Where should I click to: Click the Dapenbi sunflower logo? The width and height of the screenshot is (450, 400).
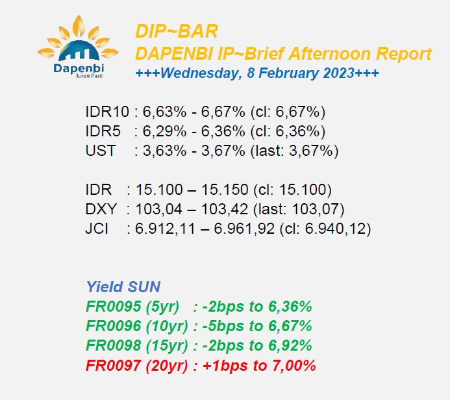coord(78,47)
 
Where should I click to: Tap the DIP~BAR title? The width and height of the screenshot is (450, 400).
coord(177,31)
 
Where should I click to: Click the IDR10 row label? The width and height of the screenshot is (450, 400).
coord(107,112)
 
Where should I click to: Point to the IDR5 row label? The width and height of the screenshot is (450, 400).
coord(103,131)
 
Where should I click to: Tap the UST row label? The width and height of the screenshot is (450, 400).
coord(101,151)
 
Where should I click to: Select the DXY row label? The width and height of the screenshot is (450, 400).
coord(101,209)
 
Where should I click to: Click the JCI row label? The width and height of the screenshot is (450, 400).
coord(97,229)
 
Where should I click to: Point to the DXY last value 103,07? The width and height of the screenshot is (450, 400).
coord(315,209)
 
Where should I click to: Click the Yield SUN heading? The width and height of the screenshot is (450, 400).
coord(123,287)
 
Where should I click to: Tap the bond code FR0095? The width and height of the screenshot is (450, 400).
coord(114,306)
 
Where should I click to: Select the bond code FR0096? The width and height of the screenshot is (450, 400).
coord(114,326)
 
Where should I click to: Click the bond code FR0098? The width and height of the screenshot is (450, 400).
coord(114,345)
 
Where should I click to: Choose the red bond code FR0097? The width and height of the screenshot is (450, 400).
coord(114,366)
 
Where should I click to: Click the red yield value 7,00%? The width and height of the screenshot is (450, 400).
coord(294,366)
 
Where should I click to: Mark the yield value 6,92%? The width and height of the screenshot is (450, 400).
coord(290,345)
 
